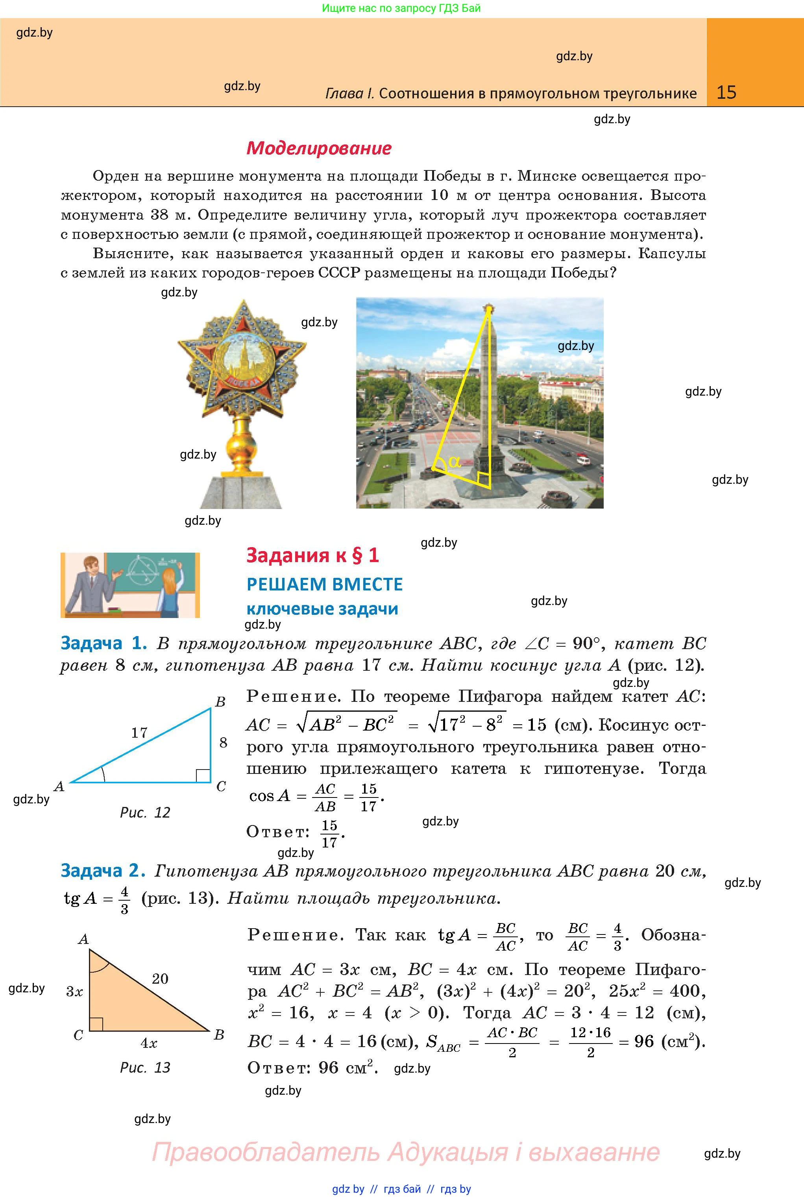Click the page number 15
pos(726,93)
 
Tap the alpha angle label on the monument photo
pos(454,462)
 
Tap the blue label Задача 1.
pos(104,643)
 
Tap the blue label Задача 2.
pos(103,871)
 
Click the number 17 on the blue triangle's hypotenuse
pos(139,732)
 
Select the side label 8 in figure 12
pos(223,742)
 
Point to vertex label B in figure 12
pos(220,701)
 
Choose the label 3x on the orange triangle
pos(74,992)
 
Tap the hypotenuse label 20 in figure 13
pos(160,979)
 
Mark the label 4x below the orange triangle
pos(149,1043)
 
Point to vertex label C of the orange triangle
pos(78,1035)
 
